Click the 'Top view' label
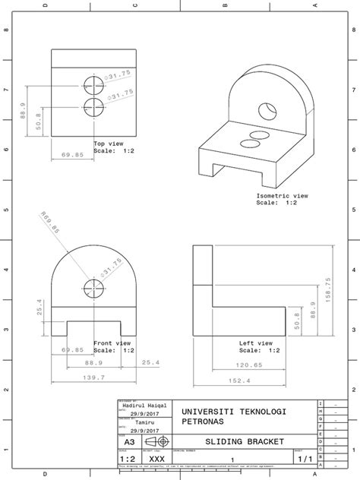[109, 143]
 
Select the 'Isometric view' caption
[282, 196]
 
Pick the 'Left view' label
[255, 343]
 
